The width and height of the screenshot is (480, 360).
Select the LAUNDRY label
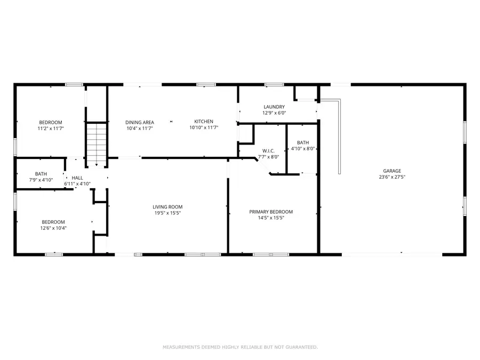point(274,107)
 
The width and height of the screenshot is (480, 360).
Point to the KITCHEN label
point(203,122)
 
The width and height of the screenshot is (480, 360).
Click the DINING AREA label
point(140,122)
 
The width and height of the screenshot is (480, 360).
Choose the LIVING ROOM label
point(167,207)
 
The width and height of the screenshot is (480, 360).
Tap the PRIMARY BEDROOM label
point(271,212)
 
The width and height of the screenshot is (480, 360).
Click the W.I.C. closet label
point(268,150)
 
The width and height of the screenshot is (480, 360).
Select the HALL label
point(77,178)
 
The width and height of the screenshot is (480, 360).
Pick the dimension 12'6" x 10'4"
point(53,228)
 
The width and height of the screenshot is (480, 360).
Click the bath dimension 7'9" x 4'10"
point(41,180)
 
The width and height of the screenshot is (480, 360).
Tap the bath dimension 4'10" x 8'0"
point(303,149)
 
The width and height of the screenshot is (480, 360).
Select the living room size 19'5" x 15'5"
point(167,213)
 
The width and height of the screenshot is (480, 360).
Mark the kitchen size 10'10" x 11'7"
point(203,128)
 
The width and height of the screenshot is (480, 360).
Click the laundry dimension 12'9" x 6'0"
point(274,113)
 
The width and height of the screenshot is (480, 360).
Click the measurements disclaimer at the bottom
point(240,347)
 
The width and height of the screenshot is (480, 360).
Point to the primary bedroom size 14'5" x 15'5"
point(271,218)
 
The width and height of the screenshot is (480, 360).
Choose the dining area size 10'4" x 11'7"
point(140,128)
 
